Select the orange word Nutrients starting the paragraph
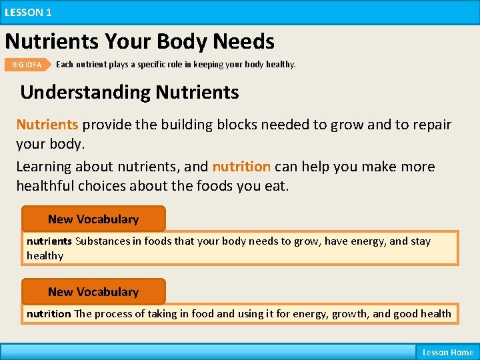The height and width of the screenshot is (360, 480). pyautogui.click(x=47, y=125)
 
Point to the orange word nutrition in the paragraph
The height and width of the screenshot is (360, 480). pyautogui.click(x=241, y=167)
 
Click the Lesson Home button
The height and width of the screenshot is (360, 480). pyautogui.click(x=447, y=352)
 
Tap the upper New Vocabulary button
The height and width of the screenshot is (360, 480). pyautogui.click(x=93, y=219)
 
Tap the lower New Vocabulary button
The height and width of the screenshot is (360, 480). pyautogui.click(x=93, y=292)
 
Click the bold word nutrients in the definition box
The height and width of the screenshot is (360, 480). pyautogui.click(x=49, y=241)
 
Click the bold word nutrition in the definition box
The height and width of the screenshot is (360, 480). pyautogui.click(x=49, y=313)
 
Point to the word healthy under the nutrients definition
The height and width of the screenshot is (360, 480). pyautogui.click(x=45, y=256)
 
